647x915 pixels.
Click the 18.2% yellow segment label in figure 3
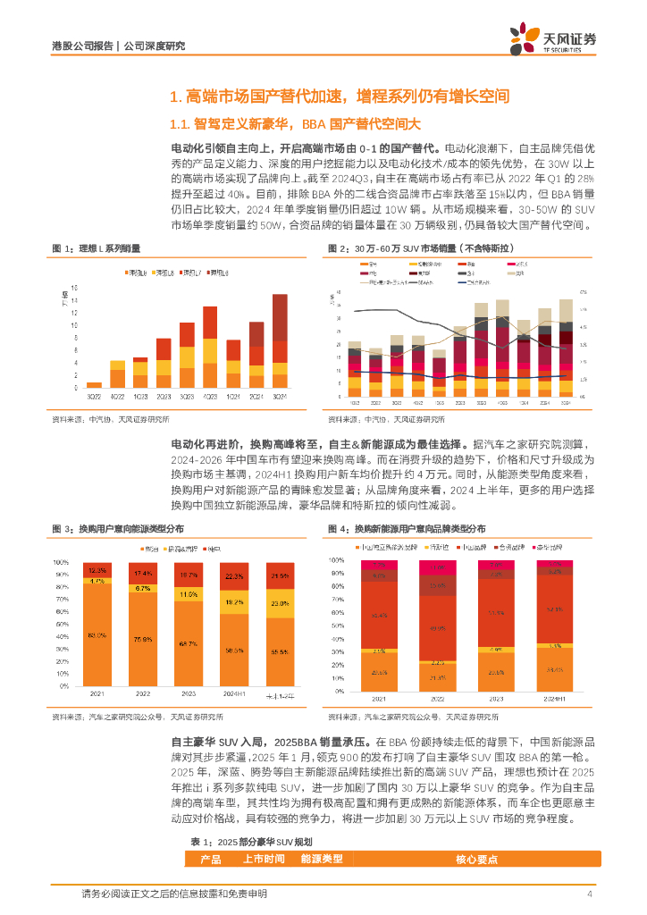[233, 603]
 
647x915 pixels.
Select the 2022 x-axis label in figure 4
[437, 698]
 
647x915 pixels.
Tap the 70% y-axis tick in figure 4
[335, 601]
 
